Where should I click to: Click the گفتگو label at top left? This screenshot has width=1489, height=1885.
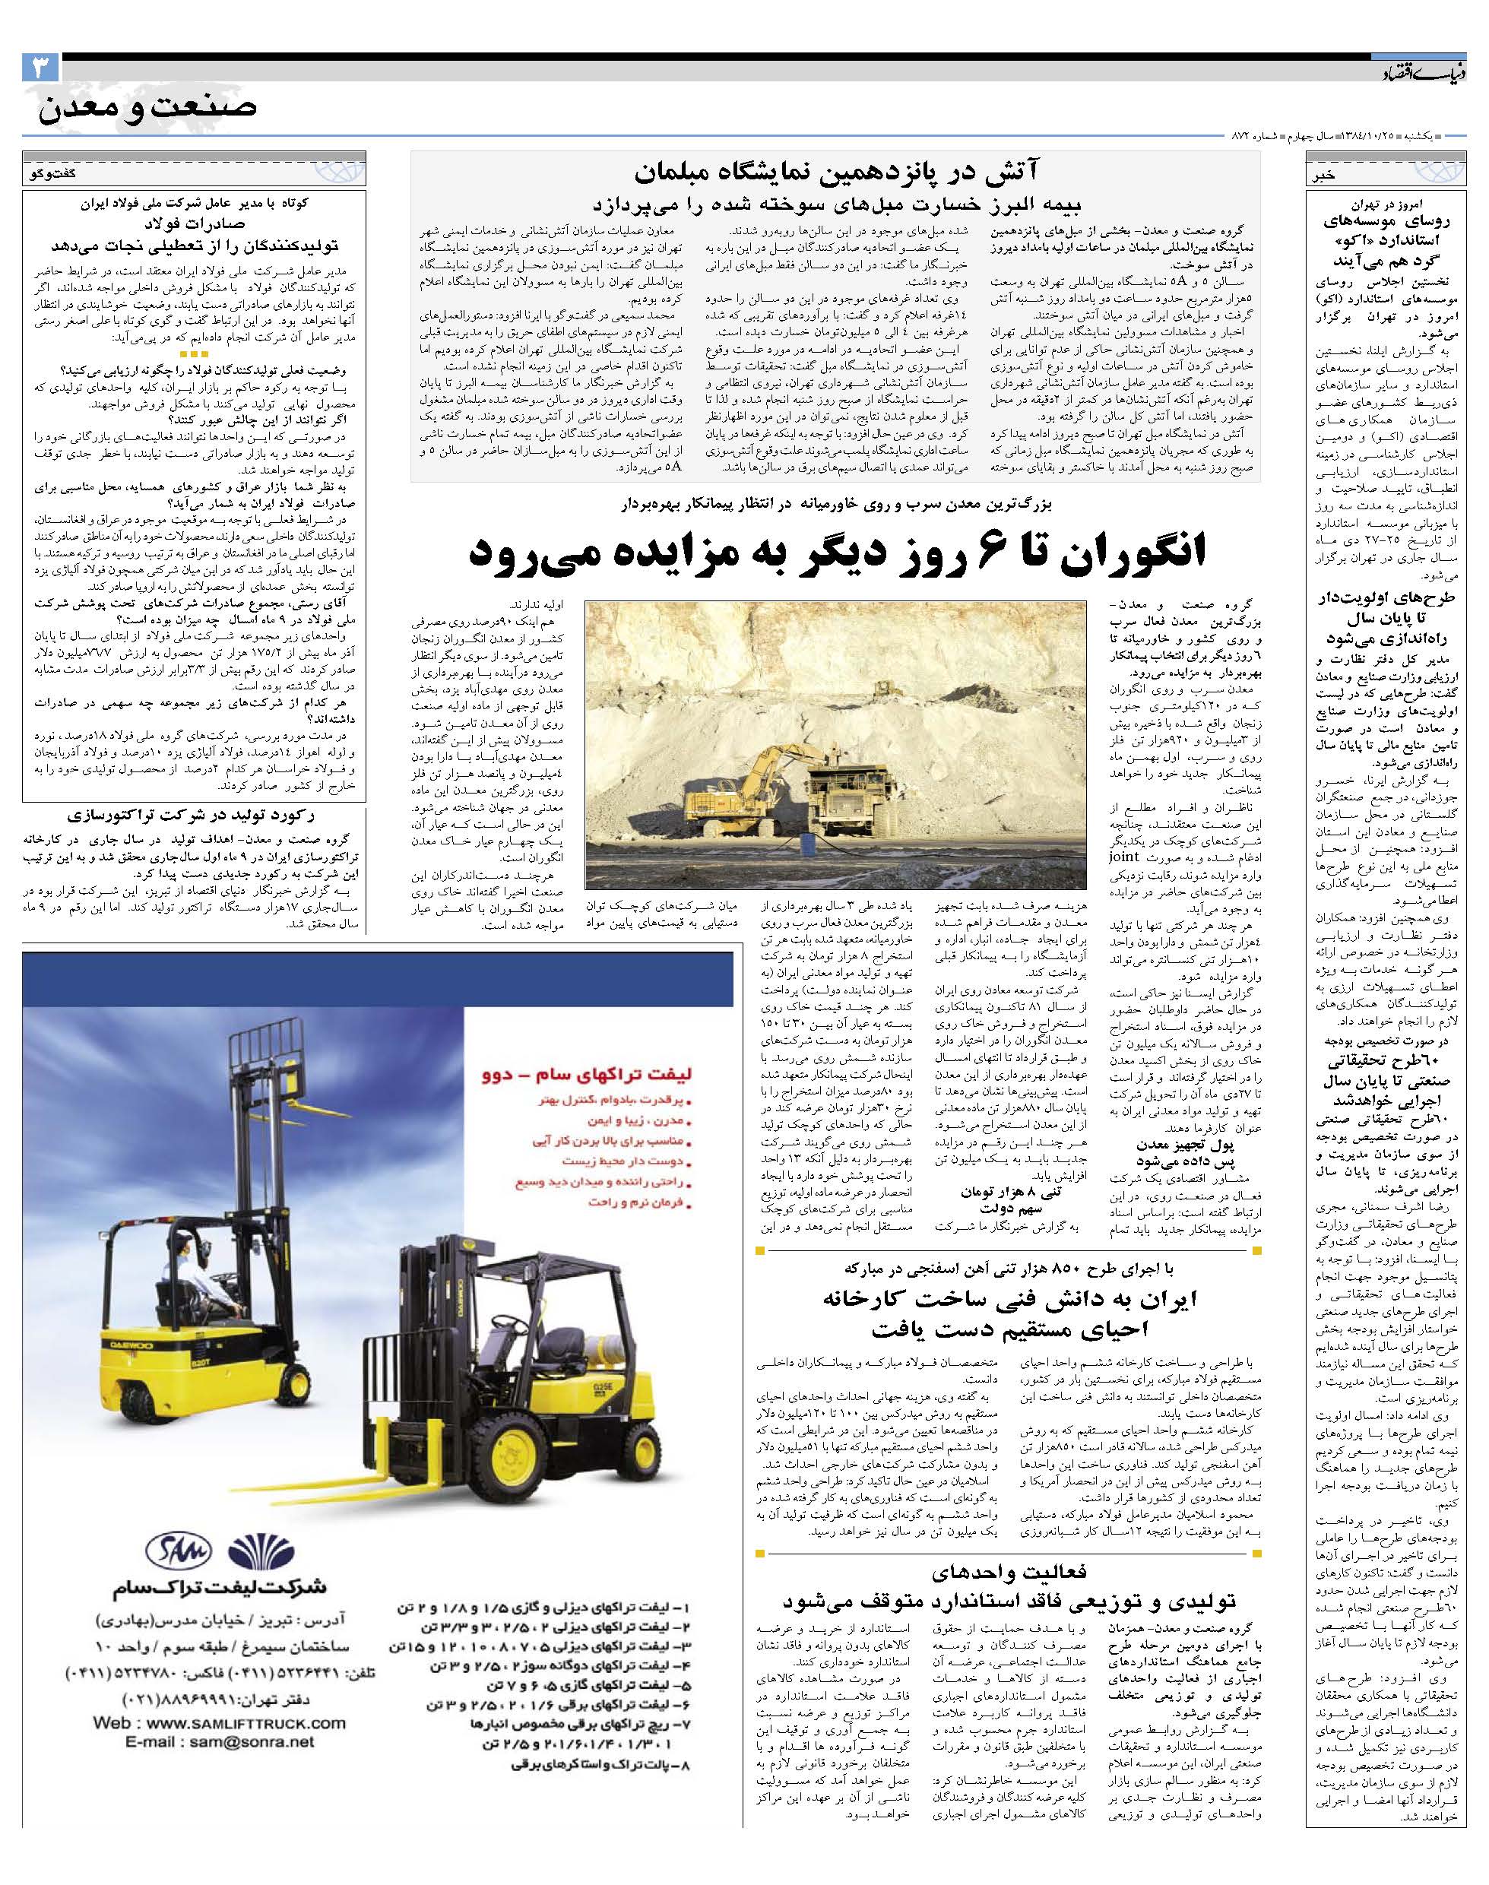click(52, 173)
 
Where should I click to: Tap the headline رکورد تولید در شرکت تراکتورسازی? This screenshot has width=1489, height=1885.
click(195, 816)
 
